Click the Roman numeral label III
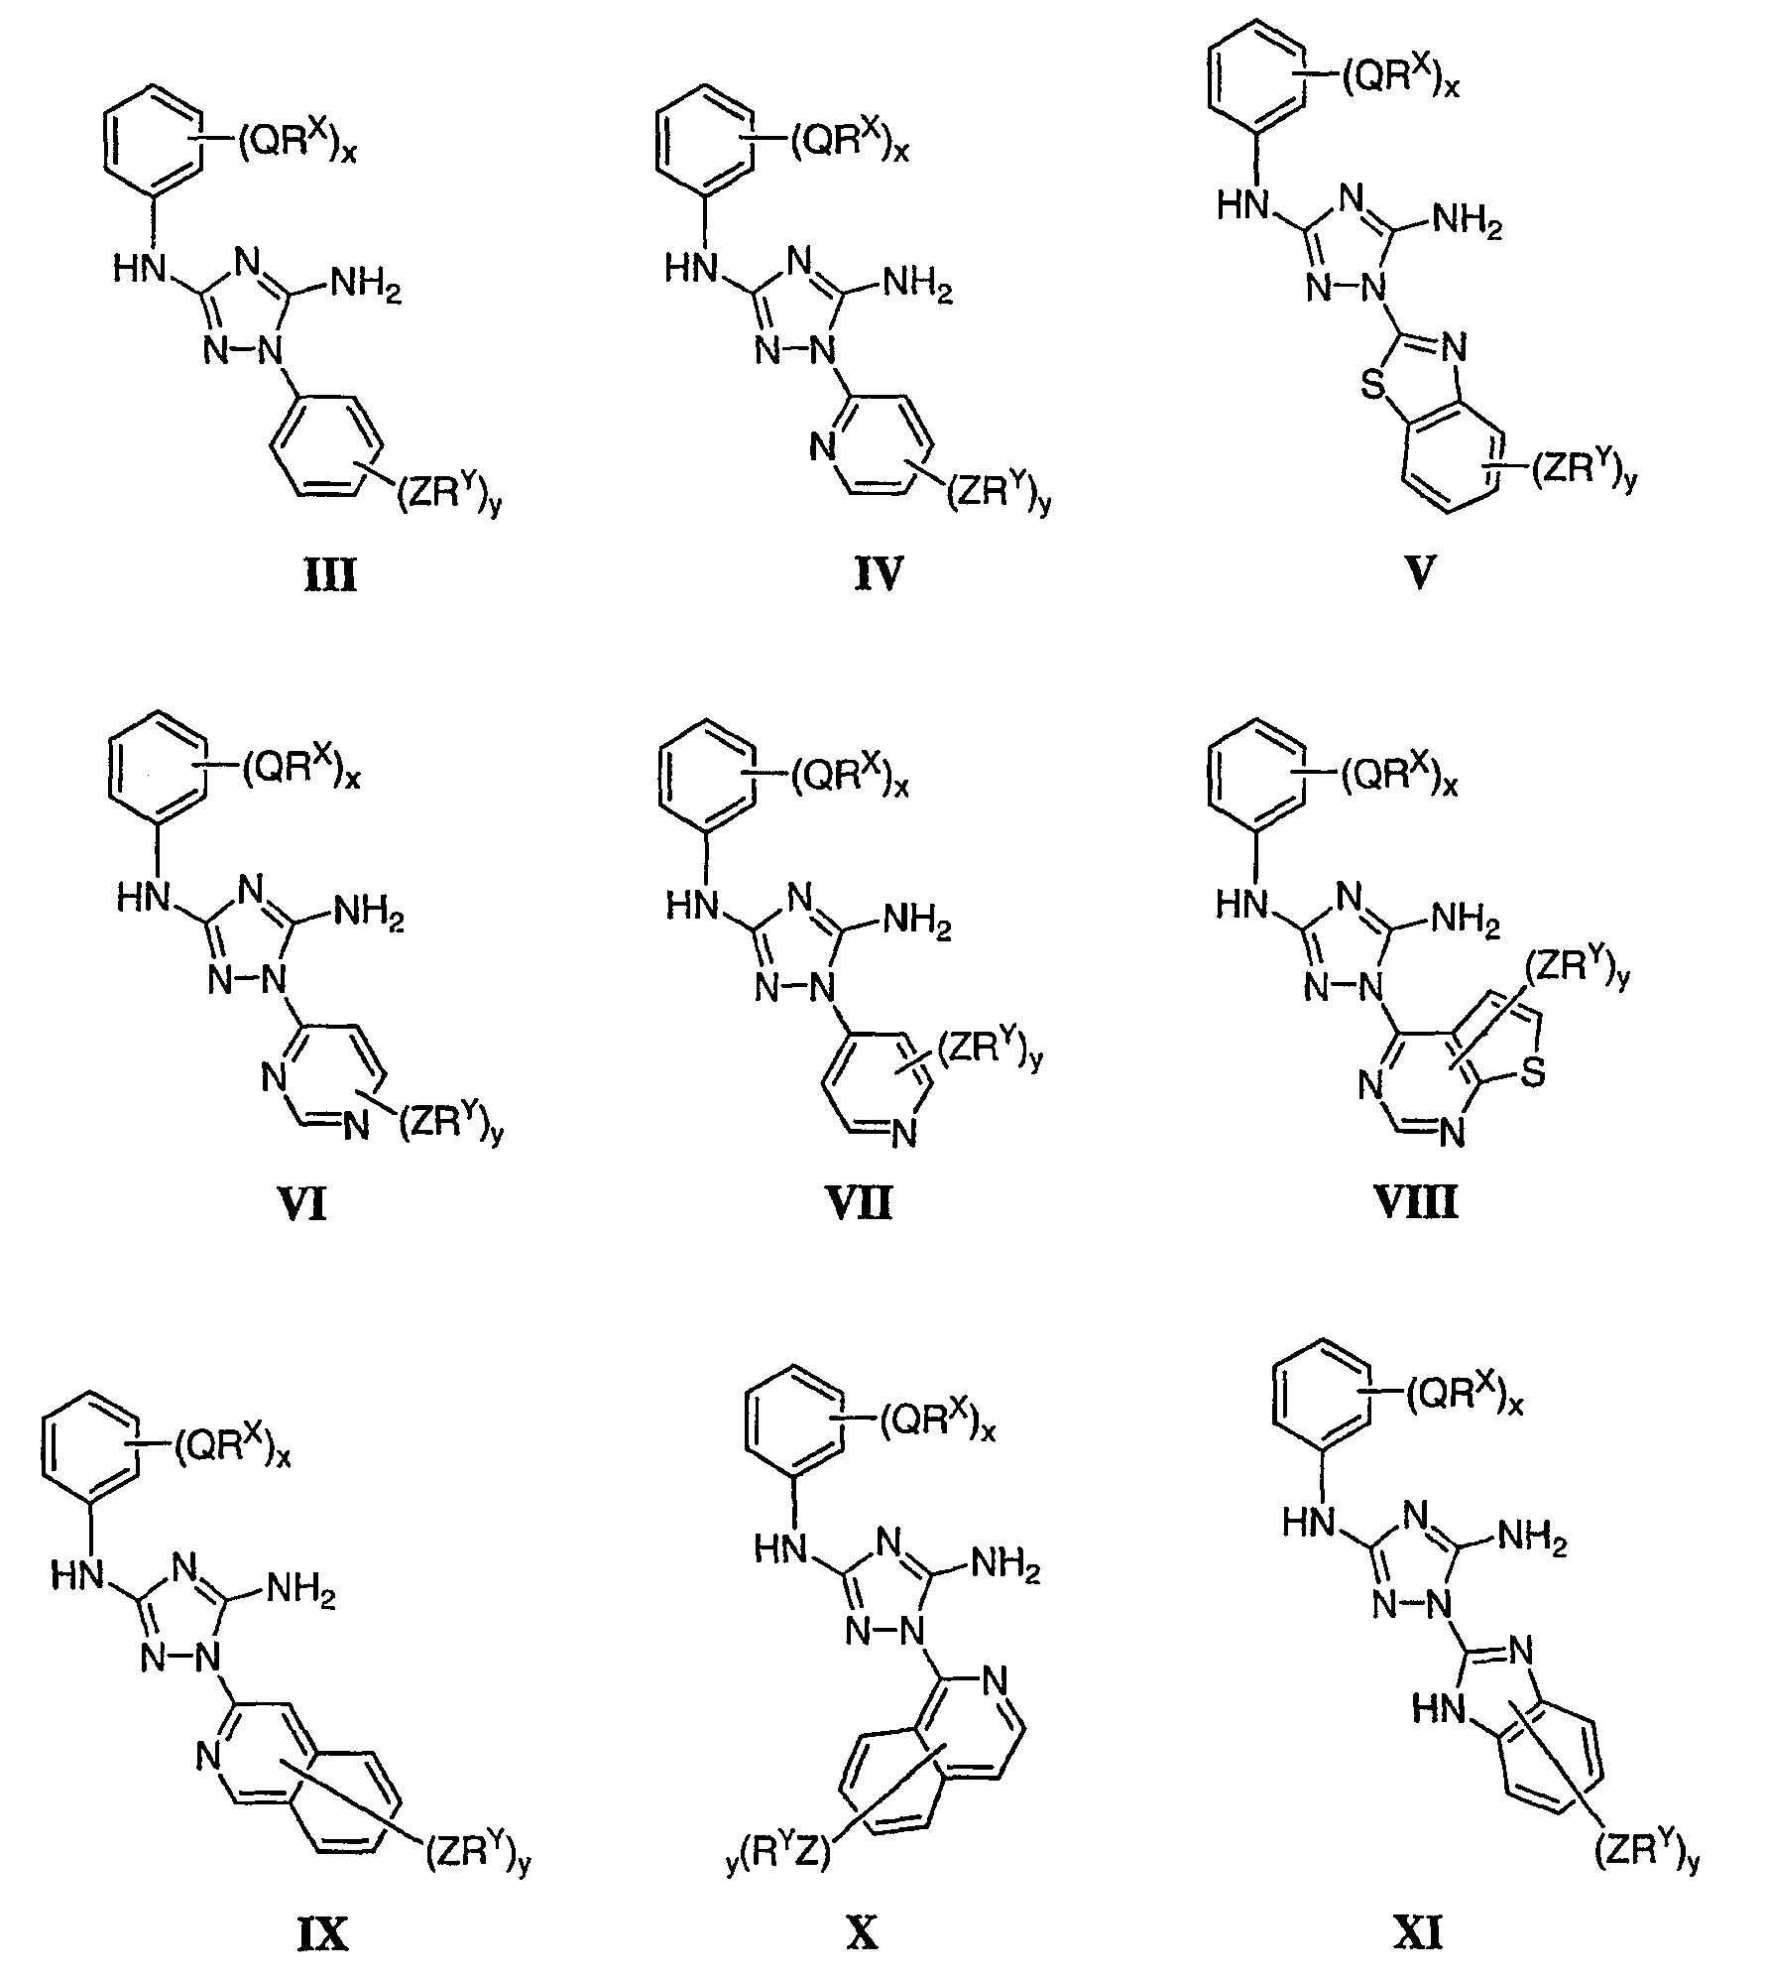coord(330,576)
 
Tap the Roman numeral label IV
coord(879,574)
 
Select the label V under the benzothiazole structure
coord(1420,574)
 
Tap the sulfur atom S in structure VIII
coord(1532,1075)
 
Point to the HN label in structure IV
coord(691,270)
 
